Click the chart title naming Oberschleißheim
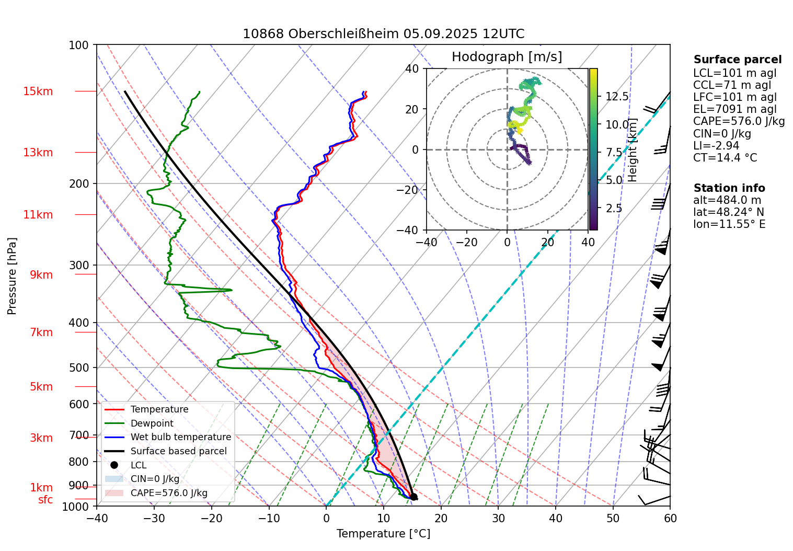click(383, 34)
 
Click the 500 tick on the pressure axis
click(79, 368)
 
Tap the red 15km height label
click(38, 91)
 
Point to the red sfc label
click(45, 500)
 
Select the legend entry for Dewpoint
click(152, 423)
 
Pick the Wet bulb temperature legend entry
click(180, 437)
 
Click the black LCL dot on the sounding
click(413, 497)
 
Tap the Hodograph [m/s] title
click(507, 56)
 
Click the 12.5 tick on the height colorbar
click(617, 97)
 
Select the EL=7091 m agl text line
click(734, 109)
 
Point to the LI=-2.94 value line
click(716, 145)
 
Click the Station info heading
click(729, 188)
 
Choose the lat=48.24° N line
click(728, 212)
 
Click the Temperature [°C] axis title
click(383, 534)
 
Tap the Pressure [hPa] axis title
click(12, 276)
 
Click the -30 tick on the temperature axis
click(154, 519)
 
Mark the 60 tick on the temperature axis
click(670, 519)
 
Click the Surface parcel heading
click(737, 60)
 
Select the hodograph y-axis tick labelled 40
click(412, 68)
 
